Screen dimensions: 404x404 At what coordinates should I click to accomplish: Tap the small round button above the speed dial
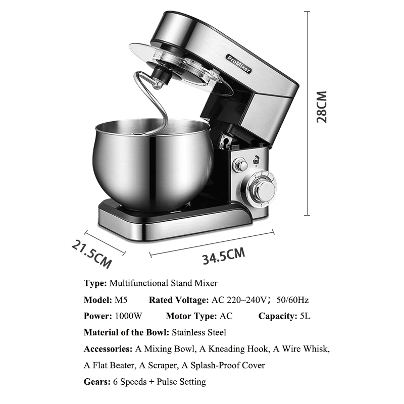click(x=242, y=165)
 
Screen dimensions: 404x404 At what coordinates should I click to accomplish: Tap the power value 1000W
click(x=128, y=316)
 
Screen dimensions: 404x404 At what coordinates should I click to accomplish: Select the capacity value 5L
click(x=305, y=316)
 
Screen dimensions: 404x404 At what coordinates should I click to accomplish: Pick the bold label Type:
click(x=95, y=283)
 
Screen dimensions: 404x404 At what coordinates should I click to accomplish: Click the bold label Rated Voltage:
click(x=178, y=299)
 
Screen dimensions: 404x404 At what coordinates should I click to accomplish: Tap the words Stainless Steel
click(x=199, y=332)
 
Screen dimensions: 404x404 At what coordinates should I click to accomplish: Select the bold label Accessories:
click(x=108, y=348)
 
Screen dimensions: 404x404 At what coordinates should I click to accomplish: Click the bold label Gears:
click(x=96, y=381)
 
